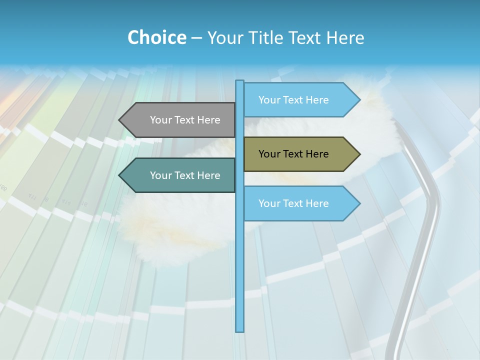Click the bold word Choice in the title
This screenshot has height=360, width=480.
pos(156,37)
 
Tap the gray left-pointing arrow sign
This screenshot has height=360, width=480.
pos(177,120)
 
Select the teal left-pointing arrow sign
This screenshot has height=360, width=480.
pos(177,175)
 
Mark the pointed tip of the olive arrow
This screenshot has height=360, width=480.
pos(359,154)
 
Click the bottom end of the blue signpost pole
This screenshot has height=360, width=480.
pos(240,330)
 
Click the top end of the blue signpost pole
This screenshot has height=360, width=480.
pos(240,81)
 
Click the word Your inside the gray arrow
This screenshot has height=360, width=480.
pos(161,120)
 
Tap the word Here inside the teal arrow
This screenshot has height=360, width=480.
pos(208,175)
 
